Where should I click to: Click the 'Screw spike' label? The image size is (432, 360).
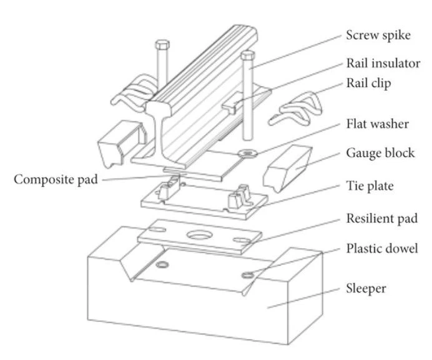click(379, 36)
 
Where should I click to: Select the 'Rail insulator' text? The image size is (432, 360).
click(383, 63)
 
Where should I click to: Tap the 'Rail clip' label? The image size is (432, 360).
click(369, 84)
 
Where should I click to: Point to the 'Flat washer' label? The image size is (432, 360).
click(377, 124)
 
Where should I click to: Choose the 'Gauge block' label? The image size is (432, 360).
click(380, 152)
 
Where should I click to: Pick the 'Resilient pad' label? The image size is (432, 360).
click(381, 219)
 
